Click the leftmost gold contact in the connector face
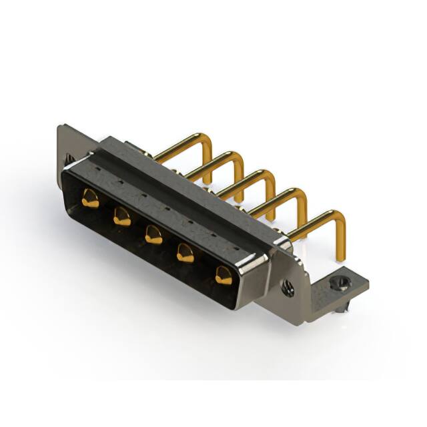90,198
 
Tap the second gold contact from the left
121,216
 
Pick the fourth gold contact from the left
185,254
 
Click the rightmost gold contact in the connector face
223,275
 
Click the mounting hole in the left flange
69,159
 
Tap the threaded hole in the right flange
288,288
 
